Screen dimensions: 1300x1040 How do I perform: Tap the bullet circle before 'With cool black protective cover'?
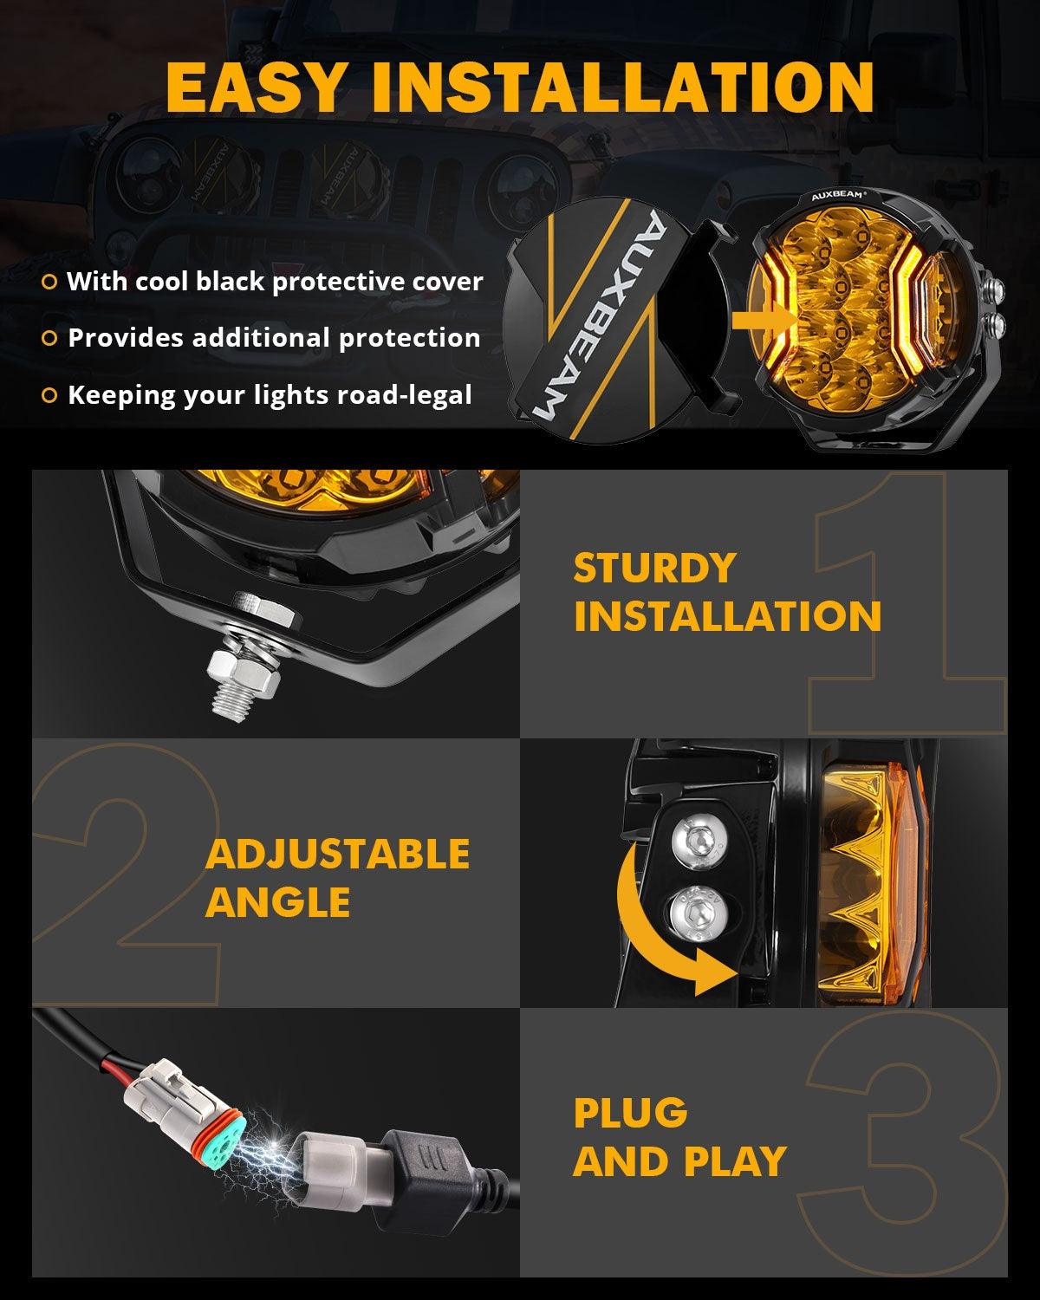click(50, 282)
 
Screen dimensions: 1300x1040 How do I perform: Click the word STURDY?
click(654, 569)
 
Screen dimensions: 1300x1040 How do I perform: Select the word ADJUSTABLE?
click(337, 855)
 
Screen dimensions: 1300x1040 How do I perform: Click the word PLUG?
click(630, 1113)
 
